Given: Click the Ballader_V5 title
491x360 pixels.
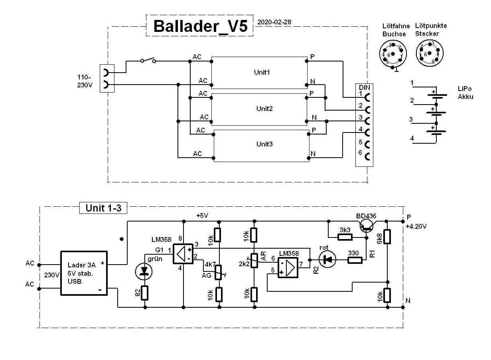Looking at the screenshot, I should click(x=200, y=26).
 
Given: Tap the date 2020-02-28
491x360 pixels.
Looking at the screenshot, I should click(x=275, y=22).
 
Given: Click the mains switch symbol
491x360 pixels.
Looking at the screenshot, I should click(x=148, y=61).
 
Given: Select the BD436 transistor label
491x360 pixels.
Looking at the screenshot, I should click(x=366, y=216).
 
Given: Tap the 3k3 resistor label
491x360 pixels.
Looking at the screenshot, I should click(x=345, y=230).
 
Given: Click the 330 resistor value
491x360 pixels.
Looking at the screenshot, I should click(x=353, y=253).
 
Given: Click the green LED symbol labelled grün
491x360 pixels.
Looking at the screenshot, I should click(x=144, y=272).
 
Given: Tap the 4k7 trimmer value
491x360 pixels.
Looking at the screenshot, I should click(x=210, y=264).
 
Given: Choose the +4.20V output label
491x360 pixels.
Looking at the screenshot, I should click(x=416, y=227).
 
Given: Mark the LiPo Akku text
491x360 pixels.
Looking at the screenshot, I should click(x=465, y=93).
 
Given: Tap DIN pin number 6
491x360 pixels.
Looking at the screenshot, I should click(x=360, y=152).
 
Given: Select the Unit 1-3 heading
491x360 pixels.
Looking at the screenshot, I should click(x=103, y=208).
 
